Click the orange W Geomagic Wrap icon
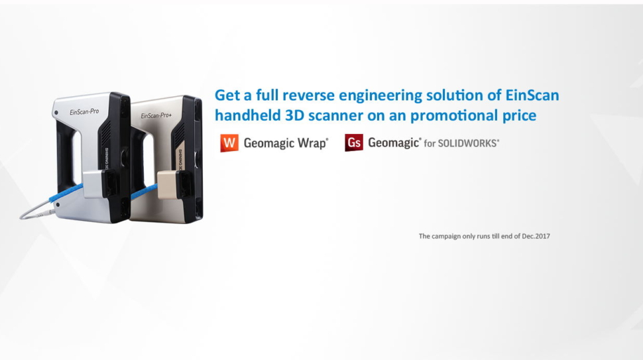pos(229,143)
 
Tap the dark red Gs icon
pos(354,143)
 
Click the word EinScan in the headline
pos(532,95)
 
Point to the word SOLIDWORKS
pos(469,143)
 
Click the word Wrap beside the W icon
pos(313,143)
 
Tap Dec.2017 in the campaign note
pos(536,236)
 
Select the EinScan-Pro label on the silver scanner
pos(84,111)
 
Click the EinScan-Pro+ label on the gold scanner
pos(156,115)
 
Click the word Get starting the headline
pos(227,95)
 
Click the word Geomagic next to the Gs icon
pos(394,143)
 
